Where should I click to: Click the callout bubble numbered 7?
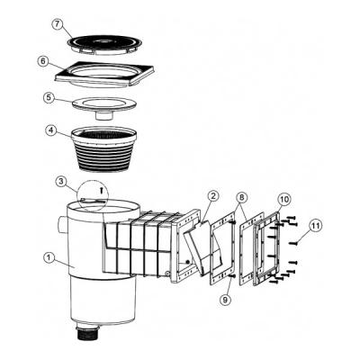[x=57, y=25]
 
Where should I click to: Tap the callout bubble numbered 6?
[x=43, y=61]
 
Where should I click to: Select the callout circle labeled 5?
[x=49, y=97]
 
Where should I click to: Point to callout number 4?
[x=51, y=130]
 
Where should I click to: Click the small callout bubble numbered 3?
[x=61, y=183]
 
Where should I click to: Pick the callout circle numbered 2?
[x=213, y=196]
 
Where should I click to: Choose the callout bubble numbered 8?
[x=242, y=198]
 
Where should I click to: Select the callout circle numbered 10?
[x=284, y=199]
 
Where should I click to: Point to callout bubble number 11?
[x=316, y=225]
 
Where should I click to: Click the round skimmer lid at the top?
[x=103, y=45]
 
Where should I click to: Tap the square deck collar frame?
[x=105, y=75]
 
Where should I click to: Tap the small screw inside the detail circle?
[x=102, y=189]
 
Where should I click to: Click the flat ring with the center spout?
[x=104, y=107]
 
